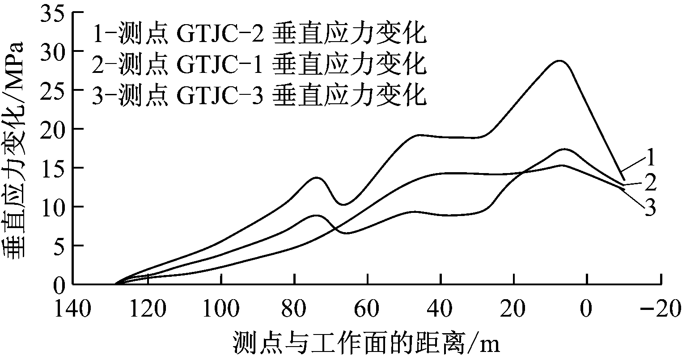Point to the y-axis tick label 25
click(x=55, y=89)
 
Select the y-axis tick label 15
click(x=55, y=168)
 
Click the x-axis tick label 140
click(x=73, y=308)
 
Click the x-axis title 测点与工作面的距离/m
click(x=365, y=344)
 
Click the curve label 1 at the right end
click(x=650, y=157)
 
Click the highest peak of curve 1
click(x=560, y=61)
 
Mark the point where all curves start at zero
click(x=115, y=284)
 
